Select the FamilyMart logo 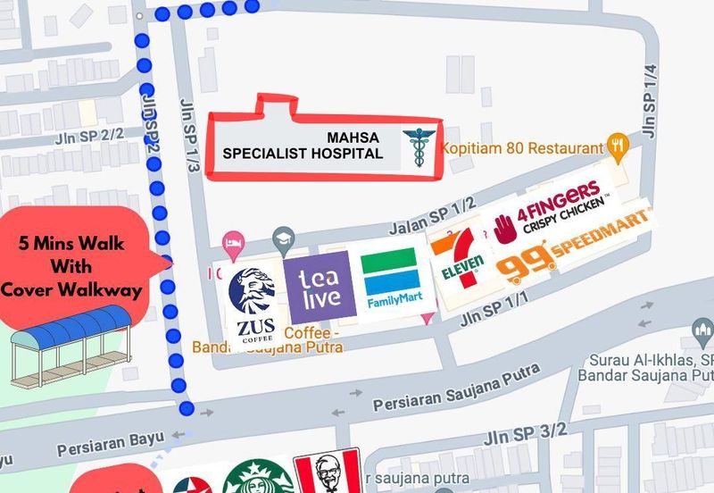(389, 279)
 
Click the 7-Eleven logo (458, 261)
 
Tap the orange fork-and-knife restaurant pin (617, 144)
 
